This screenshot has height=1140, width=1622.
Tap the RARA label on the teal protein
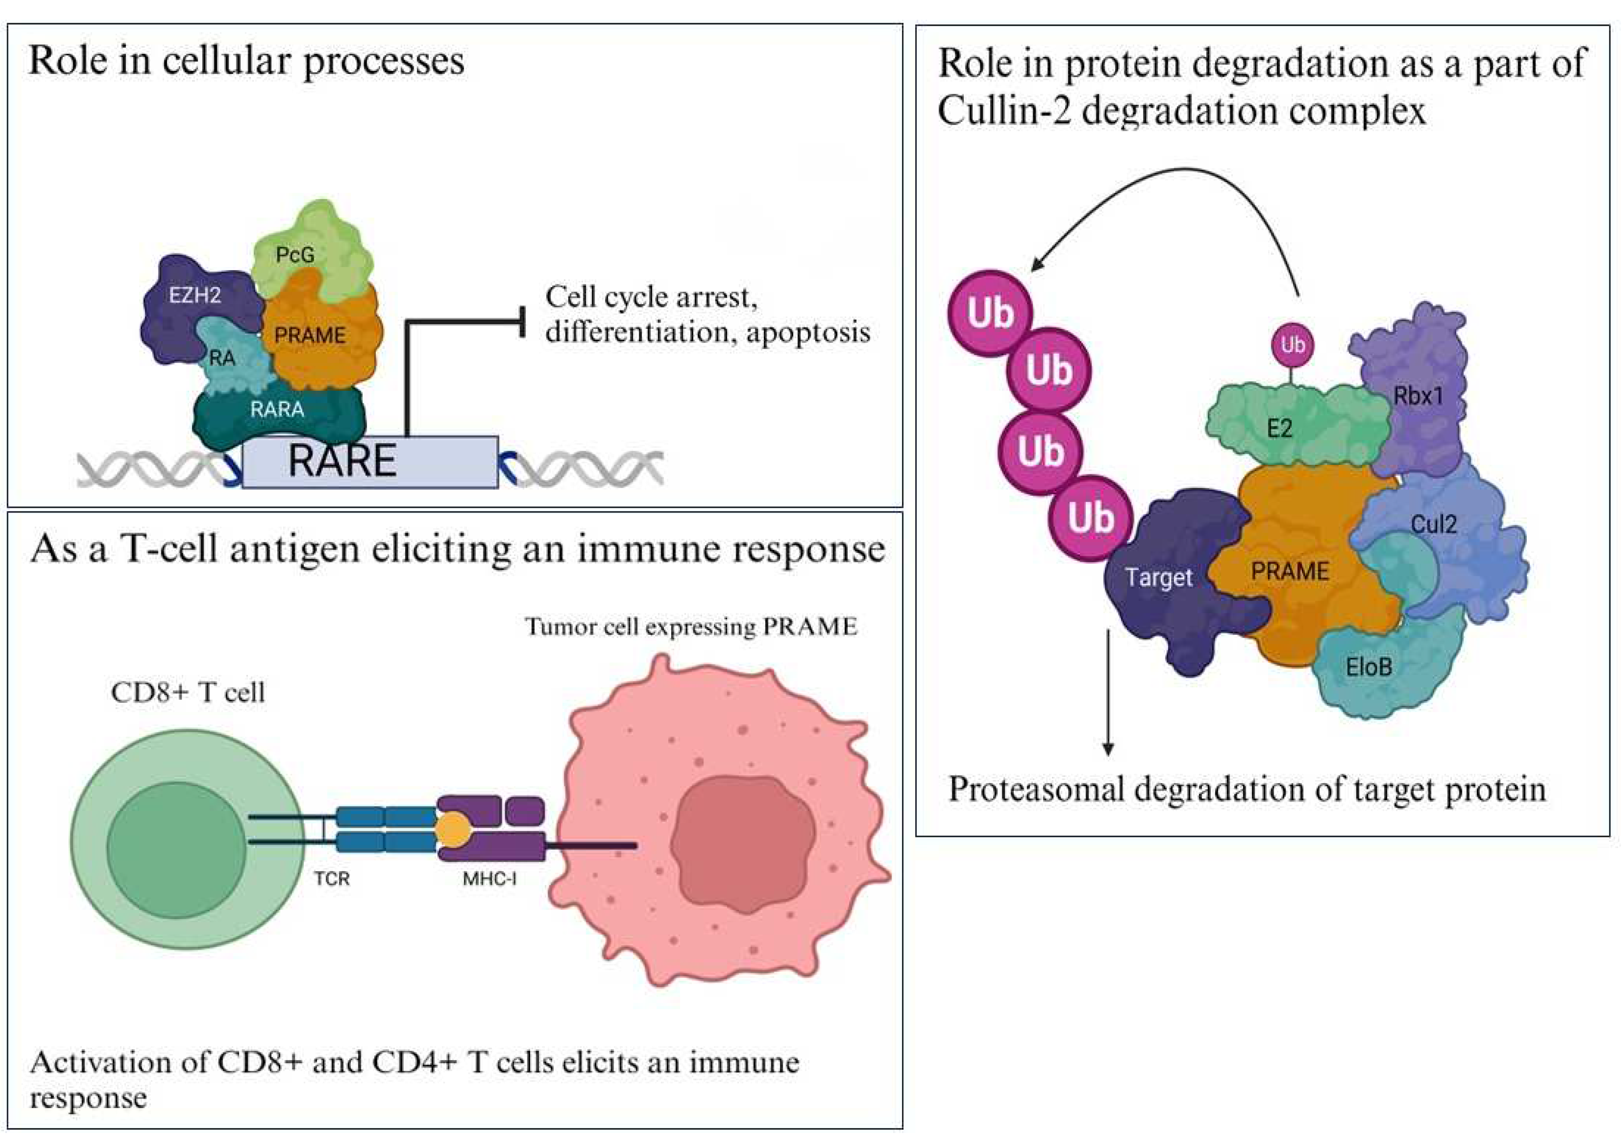coord(277,410)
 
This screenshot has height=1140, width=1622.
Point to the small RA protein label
coord(222,359)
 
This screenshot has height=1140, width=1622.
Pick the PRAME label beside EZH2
coord(310,335)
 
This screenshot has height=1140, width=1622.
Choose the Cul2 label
coord(1433,524)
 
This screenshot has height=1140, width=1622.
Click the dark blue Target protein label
coord(1159,578)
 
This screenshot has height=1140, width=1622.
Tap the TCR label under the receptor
coord(332,879)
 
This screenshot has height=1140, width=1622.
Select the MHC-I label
coord(489,879)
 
